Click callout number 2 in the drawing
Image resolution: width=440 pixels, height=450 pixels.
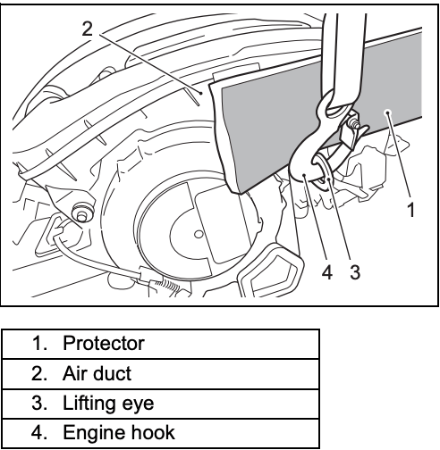pos(88,29)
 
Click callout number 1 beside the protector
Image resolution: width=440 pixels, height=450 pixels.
pos(411,209)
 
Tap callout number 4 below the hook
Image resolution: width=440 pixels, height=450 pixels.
pos(327,272)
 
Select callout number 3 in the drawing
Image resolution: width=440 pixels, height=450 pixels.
pos(355,272)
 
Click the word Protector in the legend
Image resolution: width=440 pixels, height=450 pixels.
pos(104,343)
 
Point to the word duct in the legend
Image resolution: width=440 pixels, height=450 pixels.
pos(114,373)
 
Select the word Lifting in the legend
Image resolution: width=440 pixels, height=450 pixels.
pos(89,404)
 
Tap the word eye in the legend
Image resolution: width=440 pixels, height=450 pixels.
pos(138,405)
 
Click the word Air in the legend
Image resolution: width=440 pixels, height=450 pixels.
pos(76,373)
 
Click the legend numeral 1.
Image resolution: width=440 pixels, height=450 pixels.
pos(38,343)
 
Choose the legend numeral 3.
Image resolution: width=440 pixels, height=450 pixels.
pos(38,403)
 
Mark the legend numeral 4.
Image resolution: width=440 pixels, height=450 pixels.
pos(38,433)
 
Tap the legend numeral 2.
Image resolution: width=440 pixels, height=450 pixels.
pos(38,373)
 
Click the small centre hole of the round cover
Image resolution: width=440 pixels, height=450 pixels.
pos(199,234)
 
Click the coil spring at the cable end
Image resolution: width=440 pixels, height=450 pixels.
pos(167,286)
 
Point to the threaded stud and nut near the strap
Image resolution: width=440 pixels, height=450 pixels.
pos(354,123)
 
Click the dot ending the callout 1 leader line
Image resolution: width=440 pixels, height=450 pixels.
pos(387,112)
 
